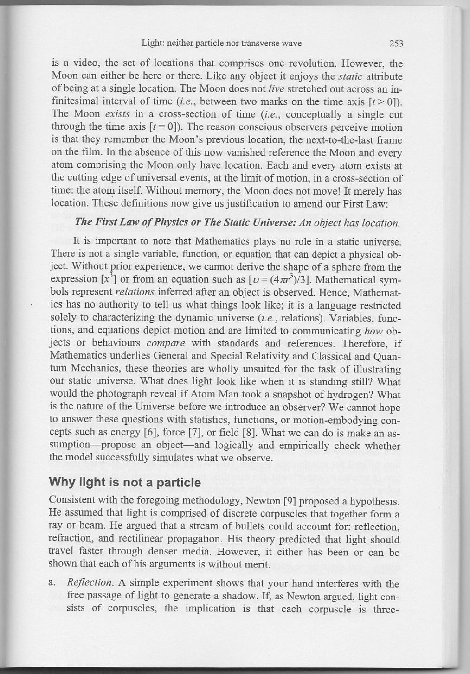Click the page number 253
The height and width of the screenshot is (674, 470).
pos(396,44)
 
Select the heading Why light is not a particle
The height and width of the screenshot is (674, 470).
pos(125,483)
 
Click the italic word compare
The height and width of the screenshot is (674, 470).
pos(166,344)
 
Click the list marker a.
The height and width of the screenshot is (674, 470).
pos(52,583)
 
